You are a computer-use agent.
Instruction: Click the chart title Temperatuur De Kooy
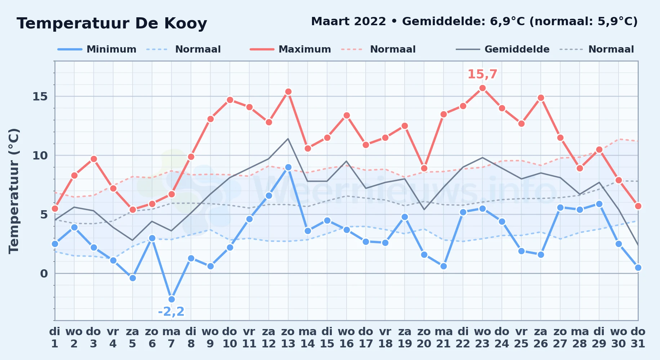tap(112, 23)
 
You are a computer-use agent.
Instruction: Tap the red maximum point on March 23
tap(482, 88)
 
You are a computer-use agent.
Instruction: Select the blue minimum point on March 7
tap(171, 299)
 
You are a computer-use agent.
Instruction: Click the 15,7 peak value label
tap(482, 75)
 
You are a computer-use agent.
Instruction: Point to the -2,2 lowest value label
tap(171, 311)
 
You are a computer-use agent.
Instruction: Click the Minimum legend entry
tap(97, 49)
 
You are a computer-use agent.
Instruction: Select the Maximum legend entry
tap(291, 49)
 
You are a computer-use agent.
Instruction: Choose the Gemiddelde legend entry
tap(503, 49)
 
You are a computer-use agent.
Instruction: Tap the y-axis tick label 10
tap(40, 156)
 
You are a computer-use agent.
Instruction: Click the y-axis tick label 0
tap(44, 274)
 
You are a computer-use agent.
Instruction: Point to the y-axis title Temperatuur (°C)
tap(14, 191)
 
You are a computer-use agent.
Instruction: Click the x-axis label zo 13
tap(288, 337)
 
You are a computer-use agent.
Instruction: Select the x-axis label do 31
tap(638, 337)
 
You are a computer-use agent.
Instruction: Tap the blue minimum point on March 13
tap(288, 167)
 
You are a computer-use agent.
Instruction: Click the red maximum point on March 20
tap(424, 168)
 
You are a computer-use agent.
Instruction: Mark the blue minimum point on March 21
tap(443, 266)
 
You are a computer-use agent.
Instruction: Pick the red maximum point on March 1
tap(55, 208)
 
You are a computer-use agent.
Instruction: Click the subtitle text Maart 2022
tap(348, 22)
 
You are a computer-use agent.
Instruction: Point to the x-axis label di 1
tap(55, 337)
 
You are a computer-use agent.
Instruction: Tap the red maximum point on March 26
tap(541, 98)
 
